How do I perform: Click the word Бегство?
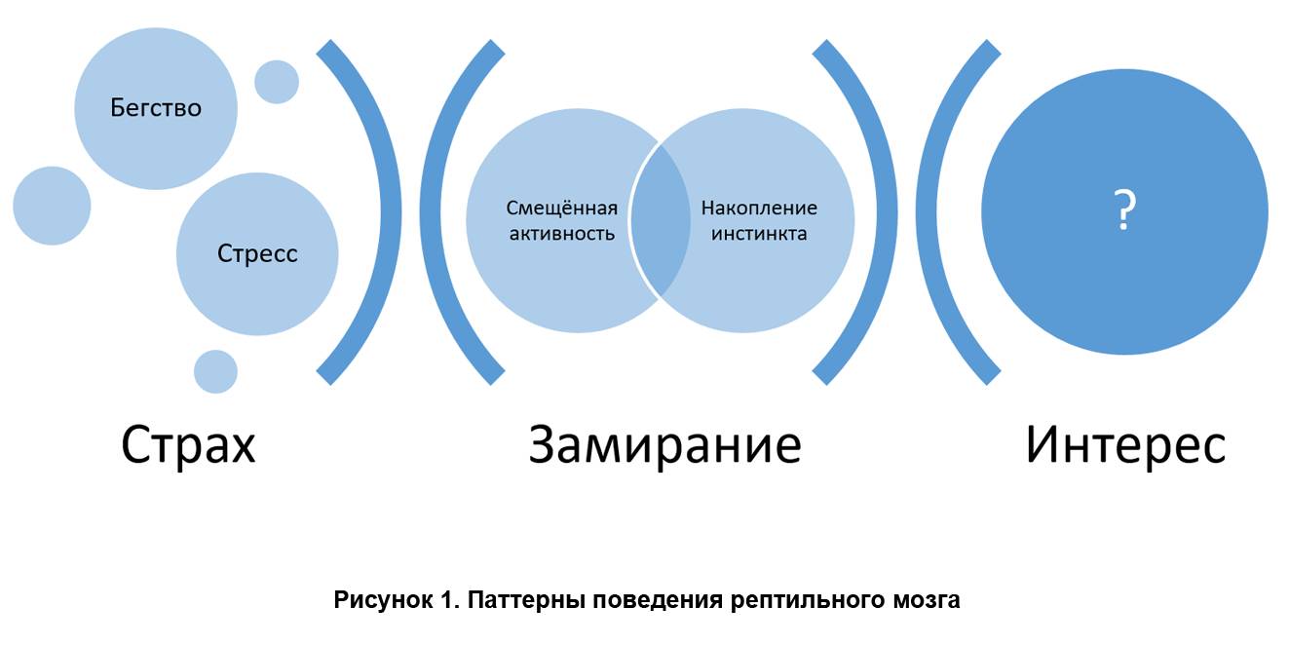pos(156,108)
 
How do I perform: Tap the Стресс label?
pos(257,253)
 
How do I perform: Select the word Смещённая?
pos(561,208)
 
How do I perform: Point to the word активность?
pos(561,234)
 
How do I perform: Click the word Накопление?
pos(759,208)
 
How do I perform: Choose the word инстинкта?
pos(759,234)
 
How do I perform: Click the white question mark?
pos(1124,210)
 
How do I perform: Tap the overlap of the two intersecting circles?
pos(660,220)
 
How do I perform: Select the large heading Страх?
pos(188,445)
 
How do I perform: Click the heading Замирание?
pos(664,444)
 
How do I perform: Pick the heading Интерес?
pos(1125,444)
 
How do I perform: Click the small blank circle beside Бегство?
pos(277,82)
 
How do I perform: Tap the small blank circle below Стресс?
pos(215,371)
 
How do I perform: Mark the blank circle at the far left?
pos(52,206)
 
